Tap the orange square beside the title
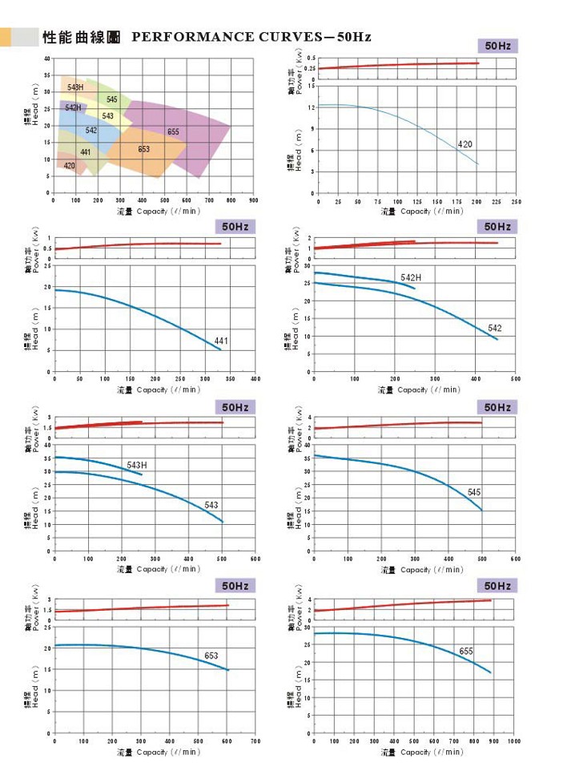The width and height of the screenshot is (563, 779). (5, 37)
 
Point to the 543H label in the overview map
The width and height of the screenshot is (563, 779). (74, 87)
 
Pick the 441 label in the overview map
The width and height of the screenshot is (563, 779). (86, 152)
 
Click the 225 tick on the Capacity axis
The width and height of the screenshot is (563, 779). (496, 201)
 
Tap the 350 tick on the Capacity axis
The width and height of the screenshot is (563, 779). (231, 378)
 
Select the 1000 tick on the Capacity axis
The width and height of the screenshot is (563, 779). (514, 741)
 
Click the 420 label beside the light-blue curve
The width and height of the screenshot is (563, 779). (465, 144)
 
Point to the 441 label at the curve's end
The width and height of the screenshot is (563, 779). (221, 341)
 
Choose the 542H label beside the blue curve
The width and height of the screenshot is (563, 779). (411, 278)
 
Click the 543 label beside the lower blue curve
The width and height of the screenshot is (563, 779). (211, 505)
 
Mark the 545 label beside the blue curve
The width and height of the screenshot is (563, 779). (474, 491)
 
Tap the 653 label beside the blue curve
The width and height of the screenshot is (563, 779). (211, 656)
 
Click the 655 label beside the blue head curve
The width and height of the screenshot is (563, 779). (466, 652)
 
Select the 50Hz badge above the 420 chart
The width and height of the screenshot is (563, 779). (497, 46)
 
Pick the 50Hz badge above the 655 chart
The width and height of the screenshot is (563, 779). (497, 586)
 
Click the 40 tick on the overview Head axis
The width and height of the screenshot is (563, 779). (47, 59)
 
